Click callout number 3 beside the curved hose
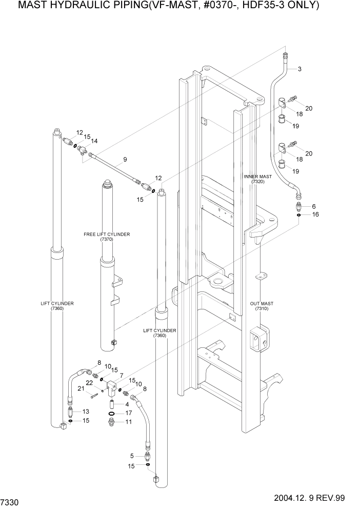click(x=299, y=69)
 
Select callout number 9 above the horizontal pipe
click(x=125, y=159)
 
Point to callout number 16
click(x=315, y=214)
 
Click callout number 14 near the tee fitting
click(x=94, y=141)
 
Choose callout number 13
click(x=86, y=412)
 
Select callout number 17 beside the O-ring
click(x=129, y=413)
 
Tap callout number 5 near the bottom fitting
click(x=132, y=456)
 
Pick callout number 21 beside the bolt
click(x=81, y=389)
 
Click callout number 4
click(x=127, y=404)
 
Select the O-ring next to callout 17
click(x=112, y=413)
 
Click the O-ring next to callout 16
click(x=298, y=216)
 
